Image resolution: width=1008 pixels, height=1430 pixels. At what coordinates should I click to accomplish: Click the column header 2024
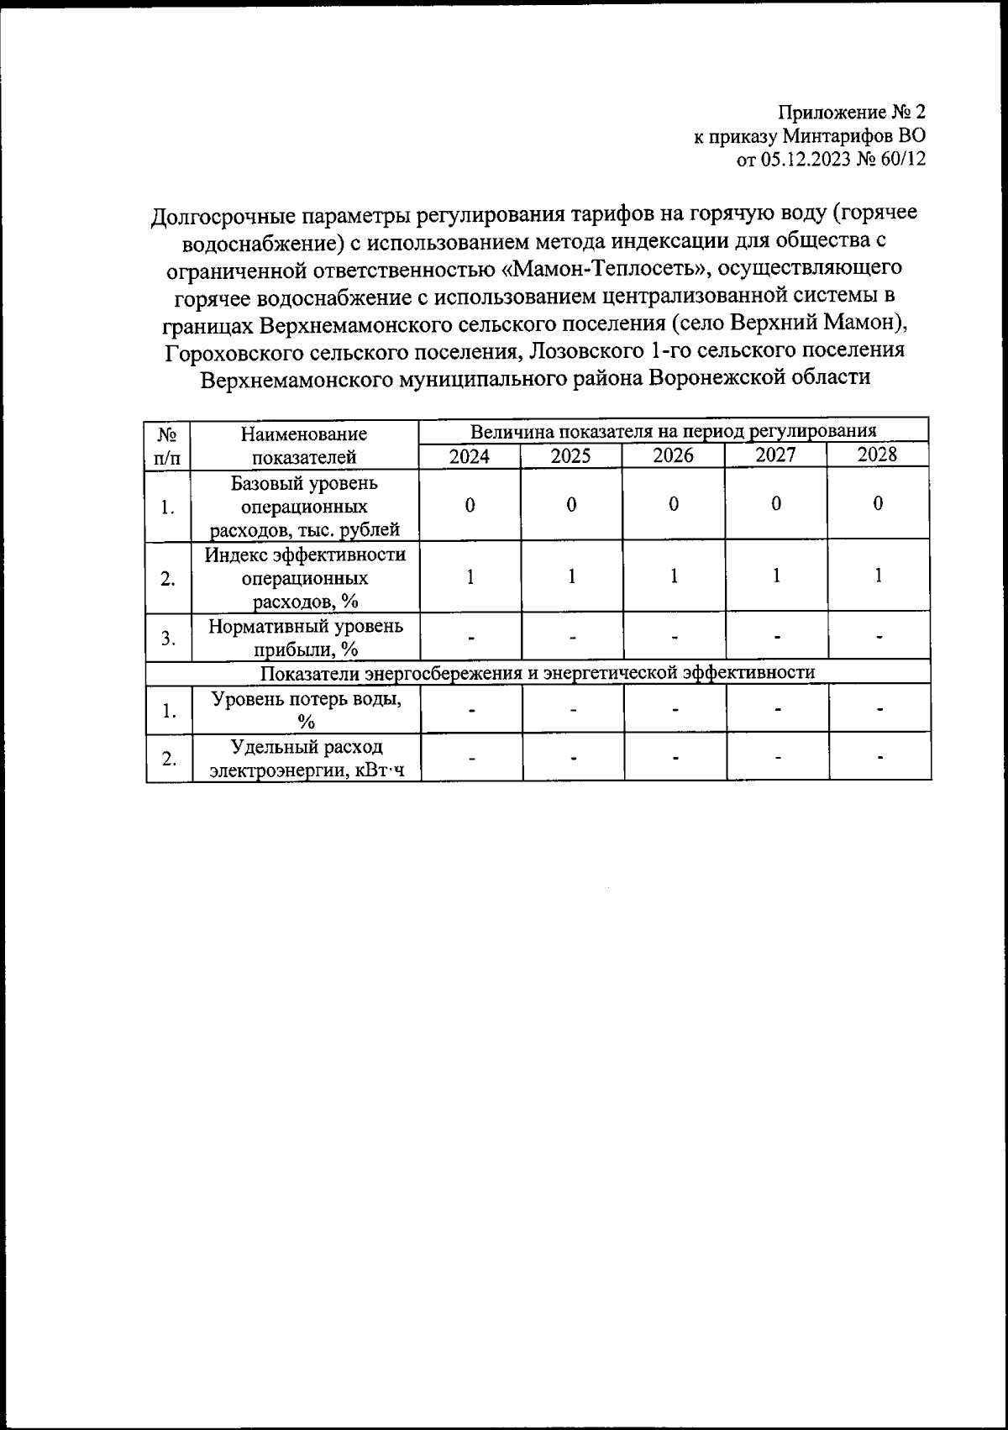[470, 456]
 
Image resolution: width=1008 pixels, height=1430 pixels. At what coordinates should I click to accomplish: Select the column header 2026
[674, 456]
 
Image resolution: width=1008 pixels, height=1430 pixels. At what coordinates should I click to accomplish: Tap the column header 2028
[877, 455]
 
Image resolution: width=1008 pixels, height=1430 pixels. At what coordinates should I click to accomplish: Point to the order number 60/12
[902, 160]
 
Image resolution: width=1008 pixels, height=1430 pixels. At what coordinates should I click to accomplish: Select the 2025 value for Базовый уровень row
[571, 505]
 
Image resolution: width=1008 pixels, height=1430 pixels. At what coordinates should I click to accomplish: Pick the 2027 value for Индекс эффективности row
[776, 576]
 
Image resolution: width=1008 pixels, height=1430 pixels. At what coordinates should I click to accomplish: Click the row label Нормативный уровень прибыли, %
[305, 637]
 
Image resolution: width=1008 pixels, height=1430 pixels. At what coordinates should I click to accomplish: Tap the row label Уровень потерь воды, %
[305, 709]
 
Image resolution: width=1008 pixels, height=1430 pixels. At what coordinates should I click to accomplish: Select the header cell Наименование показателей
[304, 445]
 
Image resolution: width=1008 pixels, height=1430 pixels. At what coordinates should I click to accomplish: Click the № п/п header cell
[168, 445]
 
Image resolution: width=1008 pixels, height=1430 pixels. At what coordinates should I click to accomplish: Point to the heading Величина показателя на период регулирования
[673, 432]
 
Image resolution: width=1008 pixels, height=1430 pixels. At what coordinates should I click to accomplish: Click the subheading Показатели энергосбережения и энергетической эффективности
[538, 673]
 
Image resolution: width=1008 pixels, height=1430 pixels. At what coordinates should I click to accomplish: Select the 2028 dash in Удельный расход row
[879, 758]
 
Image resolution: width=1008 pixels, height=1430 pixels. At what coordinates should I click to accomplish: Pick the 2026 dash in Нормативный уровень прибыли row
[675, 638]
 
